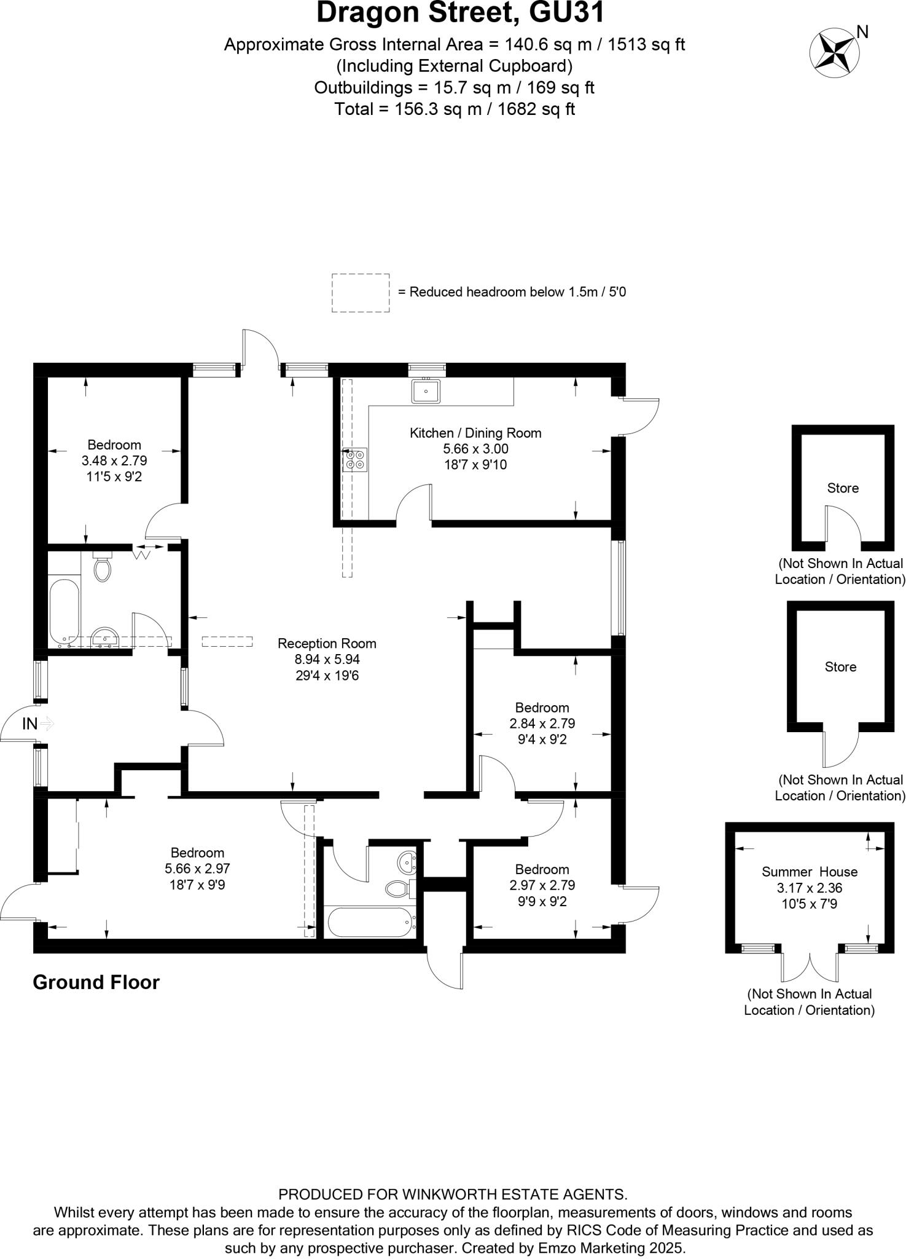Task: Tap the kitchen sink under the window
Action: (426, 391)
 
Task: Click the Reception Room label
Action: (327, 644)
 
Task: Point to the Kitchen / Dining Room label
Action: (475, 433)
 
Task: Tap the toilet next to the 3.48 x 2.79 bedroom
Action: (103, 567)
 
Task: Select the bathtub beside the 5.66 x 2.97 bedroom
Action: (370, 922)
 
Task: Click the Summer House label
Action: (810, 872)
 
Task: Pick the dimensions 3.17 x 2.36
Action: (810, 888)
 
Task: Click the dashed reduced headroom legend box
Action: (361, 293)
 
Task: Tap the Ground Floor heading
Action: (96, 982)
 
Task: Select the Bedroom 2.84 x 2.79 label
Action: (542, 708)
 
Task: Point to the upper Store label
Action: (843, 488)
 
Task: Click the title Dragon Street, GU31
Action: (461, 14)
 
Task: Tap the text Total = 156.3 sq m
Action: (455, 109)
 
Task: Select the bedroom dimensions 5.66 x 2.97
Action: (197, 869)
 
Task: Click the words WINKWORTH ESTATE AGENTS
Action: (514, 1194)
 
